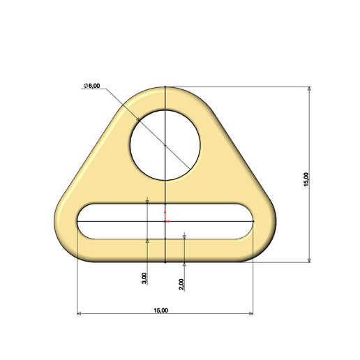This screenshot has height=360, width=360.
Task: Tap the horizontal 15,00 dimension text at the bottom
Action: click(160, 310)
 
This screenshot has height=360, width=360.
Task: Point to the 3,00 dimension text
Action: click(144, 277)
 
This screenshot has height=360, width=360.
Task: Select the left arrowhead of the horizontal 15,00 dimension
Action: click(80, 314)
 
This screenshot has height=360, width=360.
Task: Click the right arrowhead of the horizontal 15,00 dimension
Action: click(250, 314)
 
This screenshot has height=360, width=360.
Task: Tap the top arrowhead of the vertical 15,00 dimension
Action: click(309, 90)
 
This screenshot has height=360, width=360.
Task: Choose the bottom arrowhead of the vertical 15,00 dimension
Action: click(309, 260)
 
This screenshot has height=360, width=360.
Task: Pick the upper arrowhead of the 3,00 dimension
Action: click(147, 201)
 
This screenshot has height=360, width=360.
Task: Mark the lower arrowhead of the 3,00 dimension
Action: click(147, 240)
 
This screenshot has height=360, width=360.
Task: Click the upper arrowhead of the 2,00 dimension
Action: click(183, 237)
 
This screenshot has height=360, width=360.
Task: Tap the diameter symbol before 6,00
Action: click(85, 85)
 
